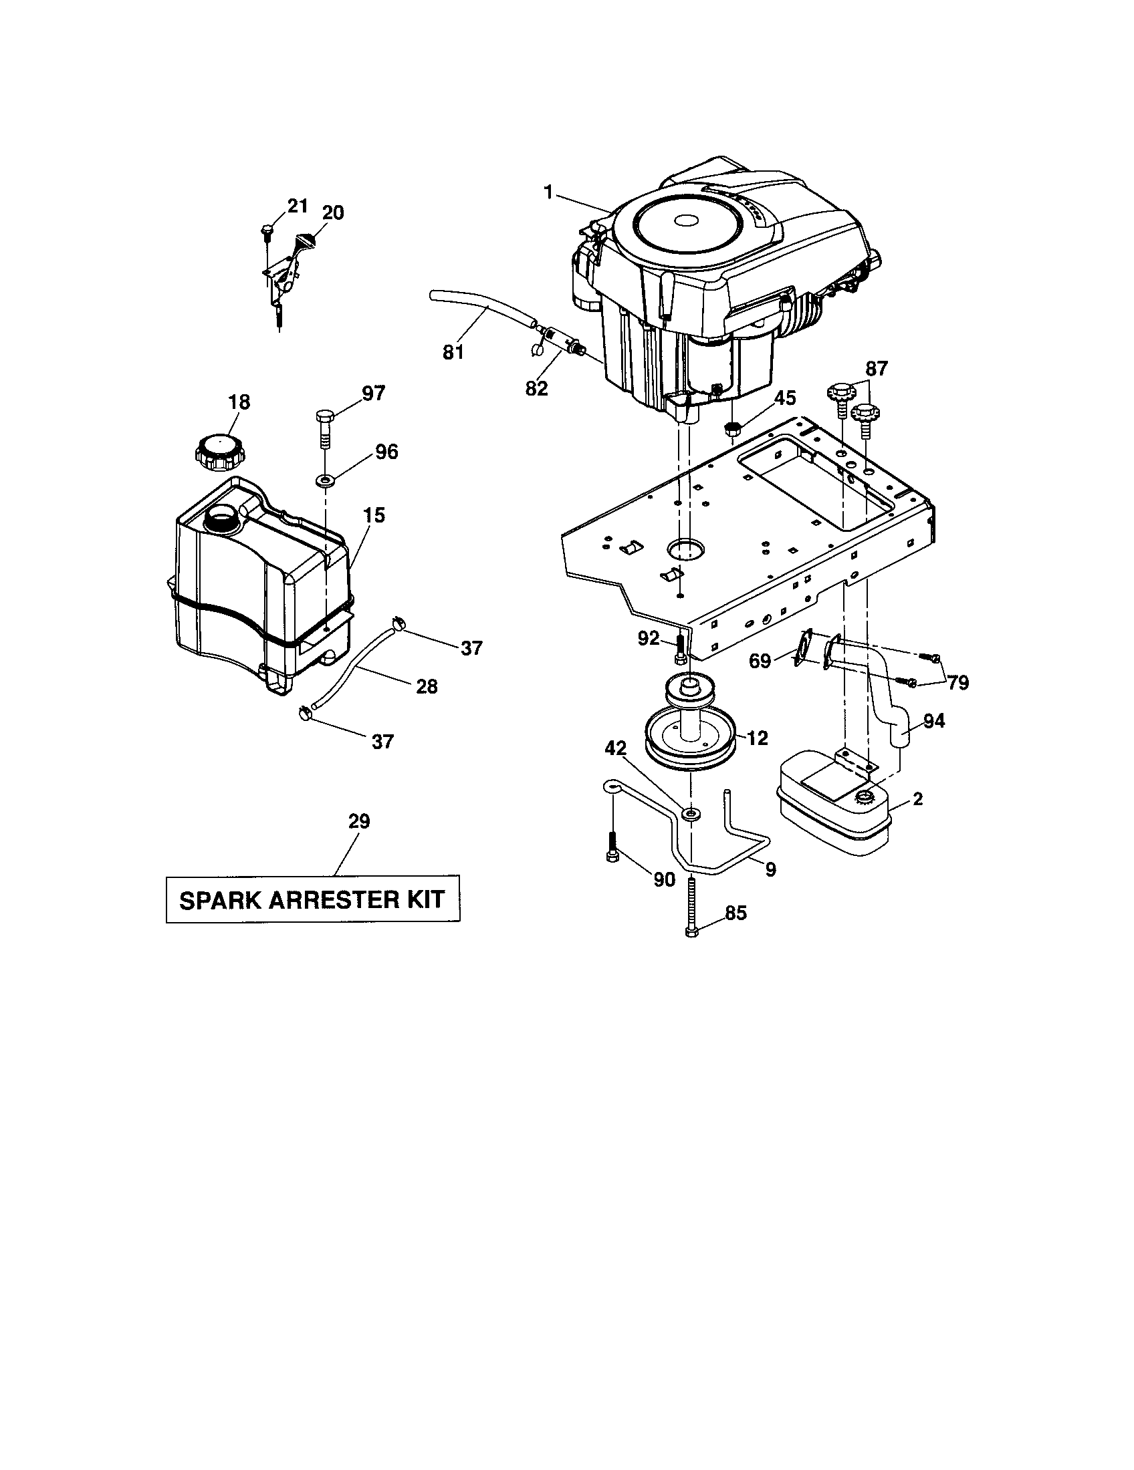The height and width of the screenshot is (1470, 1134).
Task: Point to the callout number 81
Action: pos(453,352)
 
